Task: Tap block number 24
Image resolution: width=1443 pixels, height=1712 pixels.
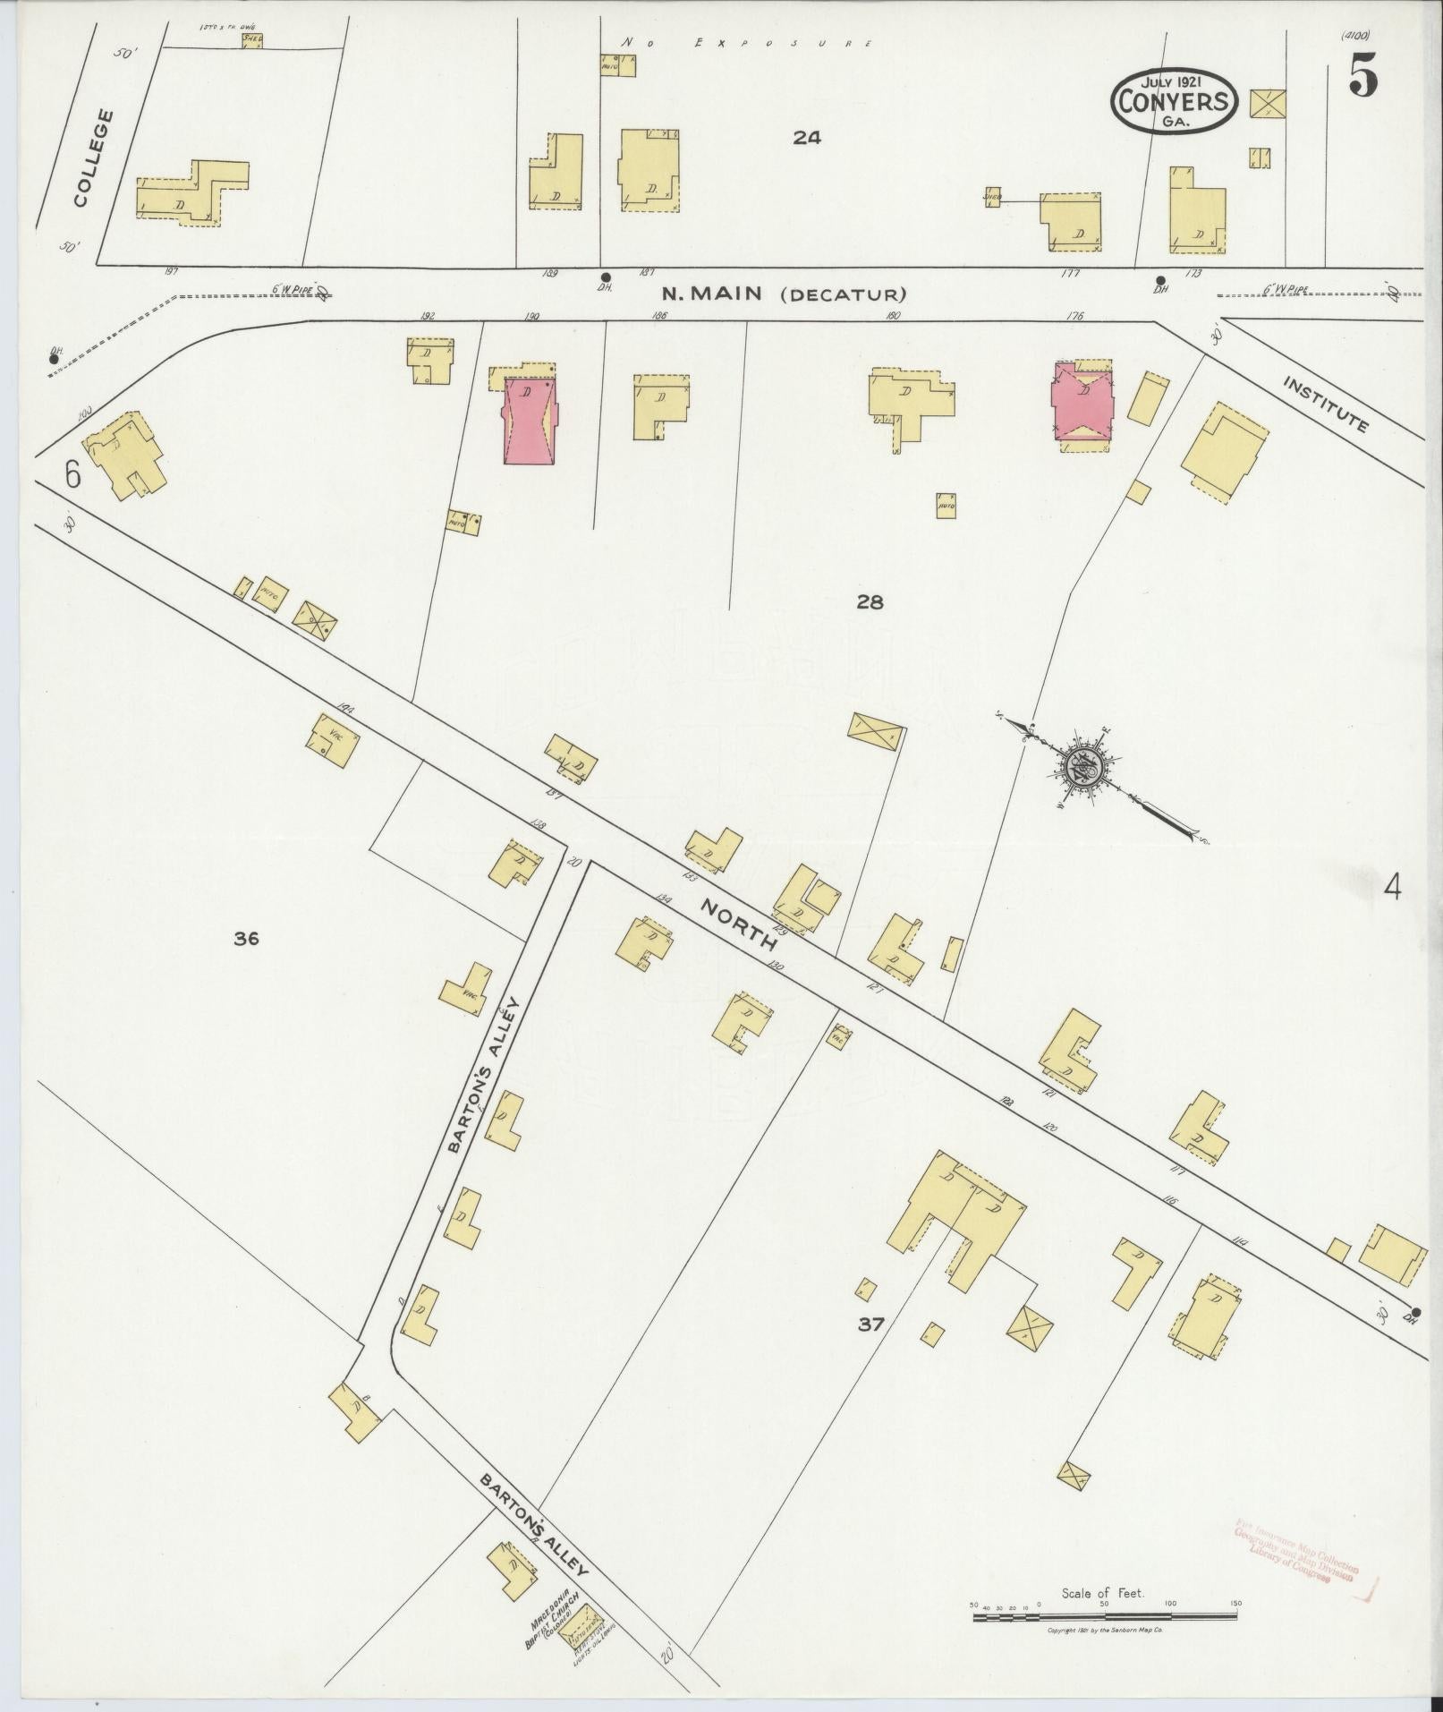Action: [806, 138]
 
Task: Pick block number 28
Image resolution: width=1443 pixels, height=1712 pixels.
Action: [870, 602]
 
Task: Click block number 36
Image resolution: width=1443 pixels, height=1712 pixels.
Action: [246, 938]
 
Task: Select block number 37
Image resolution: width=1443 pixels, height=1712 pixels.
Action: [870, 1324]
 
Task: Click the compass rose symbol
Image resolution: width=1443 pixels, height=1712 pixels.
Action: [1087, 768]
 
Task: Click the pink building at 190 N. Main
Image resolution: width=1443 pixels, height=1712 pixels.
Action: [529, 419]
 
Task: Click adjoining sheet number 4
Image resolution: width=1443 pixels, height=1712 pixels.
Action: [1392, 887]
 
